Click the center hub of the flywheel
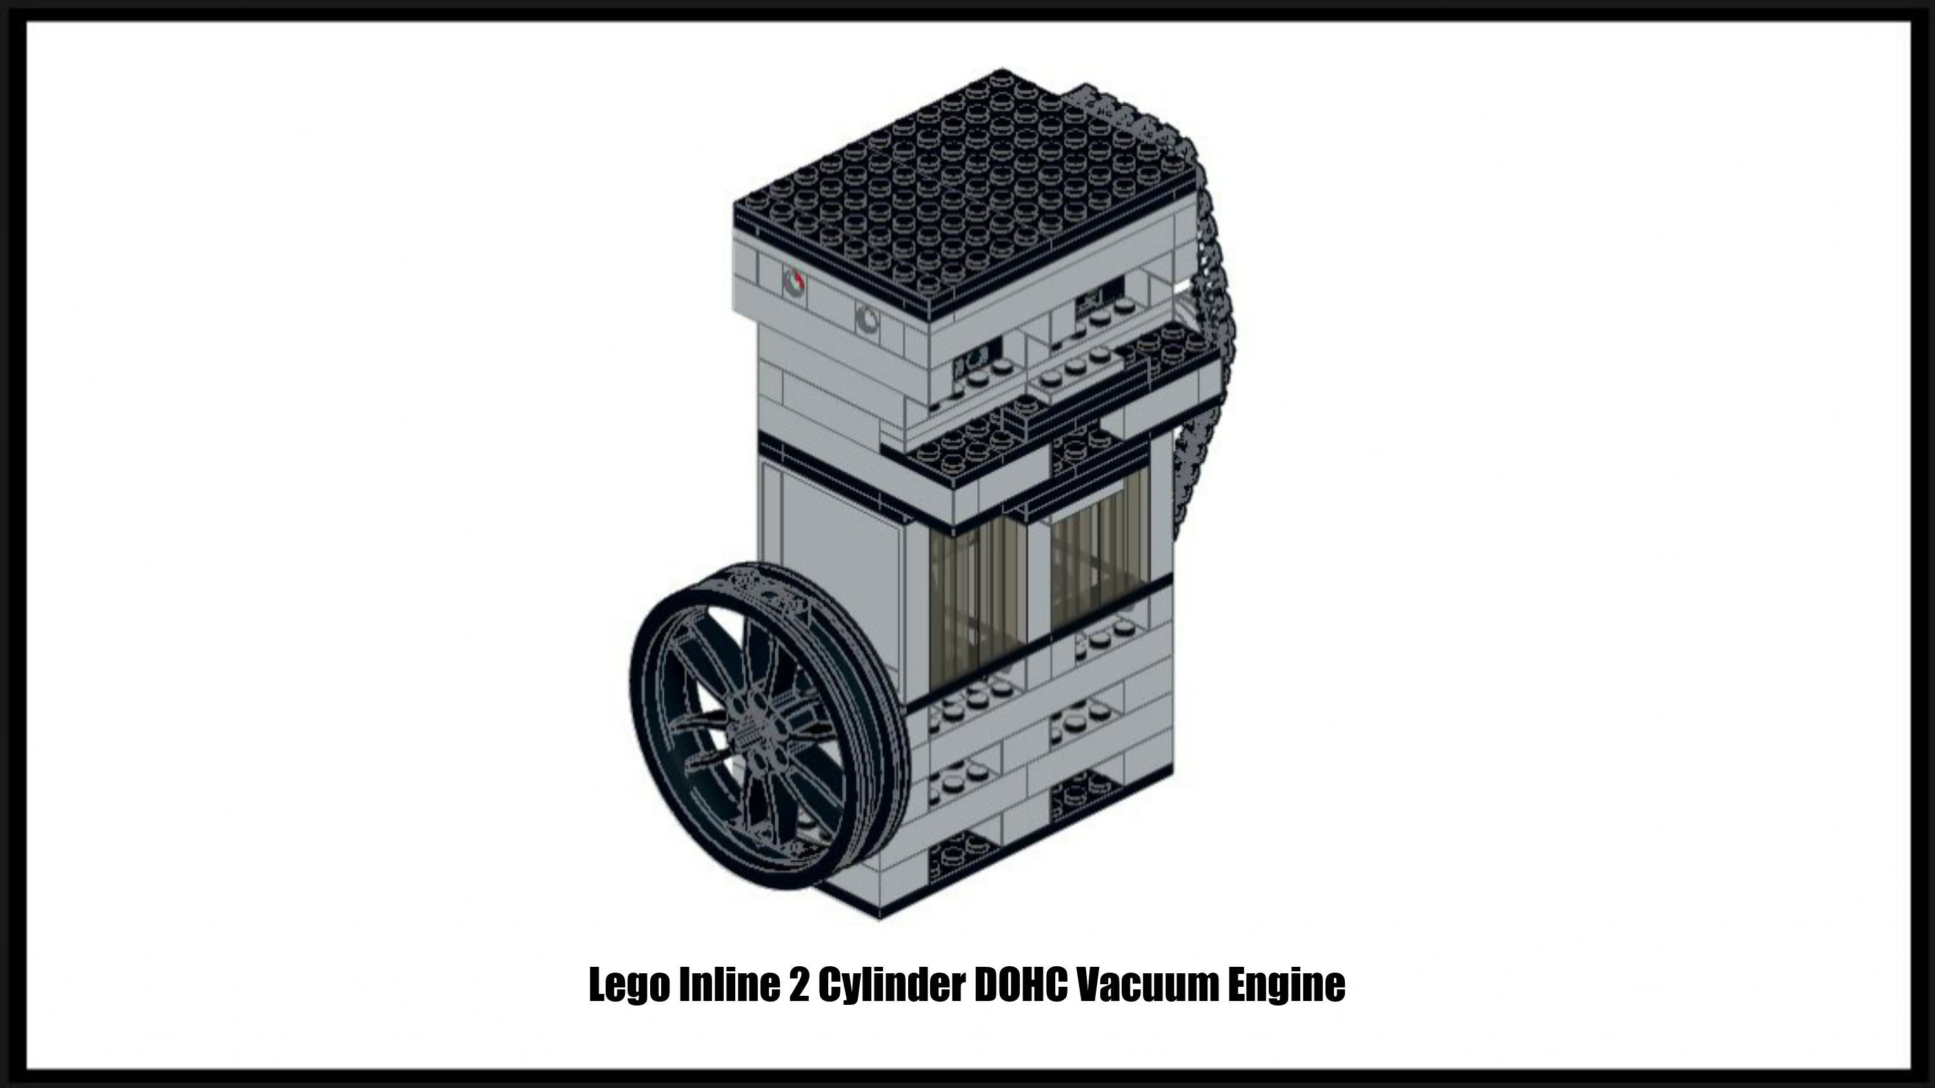[759, 724]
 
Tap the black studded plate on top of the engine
[969, 188]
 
